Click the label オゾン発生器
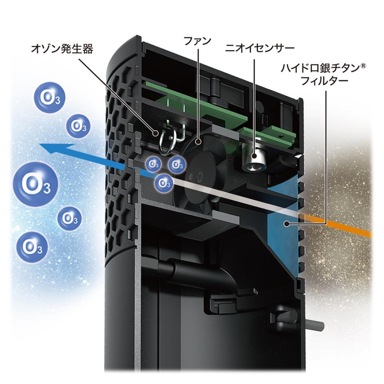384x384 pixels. (62, 49)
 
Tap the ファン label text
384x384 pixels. (198, 41)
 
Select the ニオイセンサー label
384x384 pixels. (259, 48)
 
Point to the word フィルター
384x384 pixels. (325, 80)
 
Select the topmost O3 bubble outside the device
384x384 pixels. (50, 98)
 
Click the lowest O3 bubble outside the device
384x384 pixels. (32, 247)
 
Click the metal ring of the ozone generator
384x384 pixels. (167, 142)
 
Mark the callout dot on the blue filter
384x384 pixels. (285, 223)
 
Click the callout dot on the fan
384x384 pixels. (198, 142)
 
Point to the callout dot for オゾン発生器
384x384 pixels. (155, 133)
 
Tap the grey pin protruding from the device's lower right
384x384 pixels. (315, 325)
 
